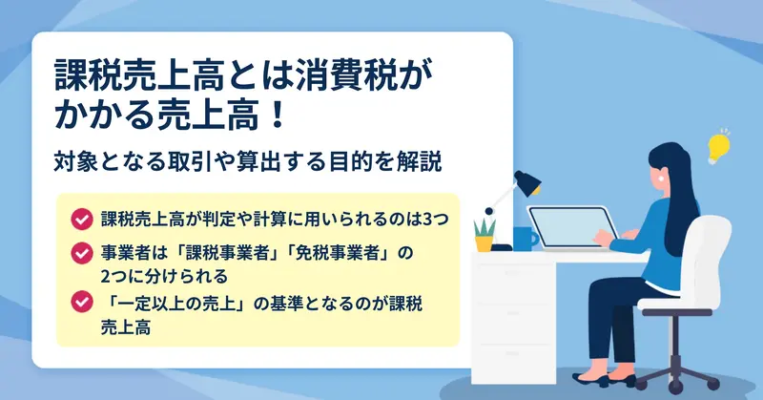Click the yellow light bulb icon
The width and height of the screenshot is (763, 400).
tap(719, 147)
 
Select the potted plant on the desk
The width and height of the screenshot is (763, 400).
tap(485, 235)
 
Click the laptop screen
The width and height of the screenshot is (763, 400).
tap(573, 227)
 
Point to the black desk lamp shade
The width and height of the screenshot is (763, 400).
tap(528, 182)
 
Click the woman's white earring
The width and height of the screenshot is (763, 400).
tap(662, 178)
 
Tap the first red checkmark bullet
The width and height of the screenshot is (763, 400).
tap(82, 220)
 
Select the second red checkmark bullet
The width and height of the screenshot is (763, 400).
tap(82, 253)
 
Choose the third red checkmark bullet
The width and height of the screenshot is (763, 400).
tap(82, 302)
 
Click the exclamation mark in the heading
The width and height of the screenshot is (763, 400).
tap(278, 116)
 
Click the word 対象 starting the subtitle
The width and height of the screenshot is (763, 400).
tap(75, 161)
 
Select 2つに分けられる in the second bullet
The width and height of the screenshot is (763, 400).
tap(164, 277)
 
